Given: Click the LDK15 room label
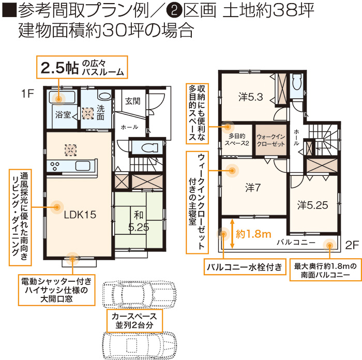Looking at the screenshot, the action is pos(80,215).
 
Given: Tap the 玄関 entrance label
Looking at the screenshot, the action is pos(133,101).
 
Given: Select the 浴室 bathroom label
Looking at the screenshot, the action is pos(63,114).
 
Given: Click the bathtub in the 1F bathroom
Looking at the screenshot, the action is pos(63,97).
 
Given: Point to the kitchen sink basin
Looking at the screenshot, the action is pos(83,166).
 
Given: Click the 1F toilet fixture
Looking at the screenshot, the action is pos(149,147).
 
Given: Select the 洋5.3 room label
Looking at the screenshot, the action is pos(251,97).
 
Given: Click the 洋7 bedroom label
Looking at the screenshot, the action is pos(253,188).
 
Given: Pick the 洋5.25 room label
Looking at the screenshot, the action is pos(312,205).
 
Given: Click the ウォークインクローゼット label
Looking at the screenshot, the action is pos(271,140).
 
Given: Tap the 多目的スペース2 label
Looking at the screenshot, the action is pos(237,140).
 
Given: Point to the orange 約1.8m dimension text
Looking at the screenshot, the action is pos(253,234).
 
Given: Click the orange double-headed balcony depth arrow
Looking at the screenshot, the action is pos(232,234).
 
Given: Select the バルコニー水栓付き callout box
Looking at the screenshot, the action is pos(245,267).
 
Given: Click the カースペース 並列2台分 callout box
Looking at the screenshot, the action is pos(134,321).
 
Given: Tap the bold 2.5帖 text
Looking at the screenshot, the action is pos(59,68).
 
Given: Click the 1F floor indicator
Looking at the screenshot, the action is pos(27,94).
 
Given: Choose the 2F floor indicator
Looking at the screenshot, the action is pos(352,245).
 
